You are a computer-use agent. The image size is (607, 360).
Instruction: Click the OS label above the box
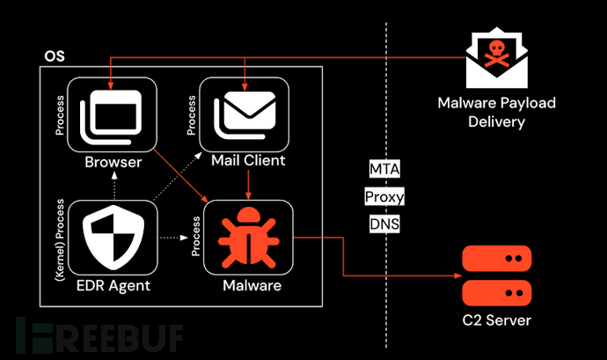coord(54,57)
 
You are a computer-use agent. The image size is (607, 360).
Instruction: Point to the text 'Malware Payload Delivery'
coord(496,113)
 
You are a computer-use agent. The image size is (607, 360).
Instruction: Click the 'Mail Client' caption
coord(248,162)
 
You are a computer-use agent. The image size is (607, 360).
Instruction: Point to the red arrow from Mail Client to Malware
coord(249,183)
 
